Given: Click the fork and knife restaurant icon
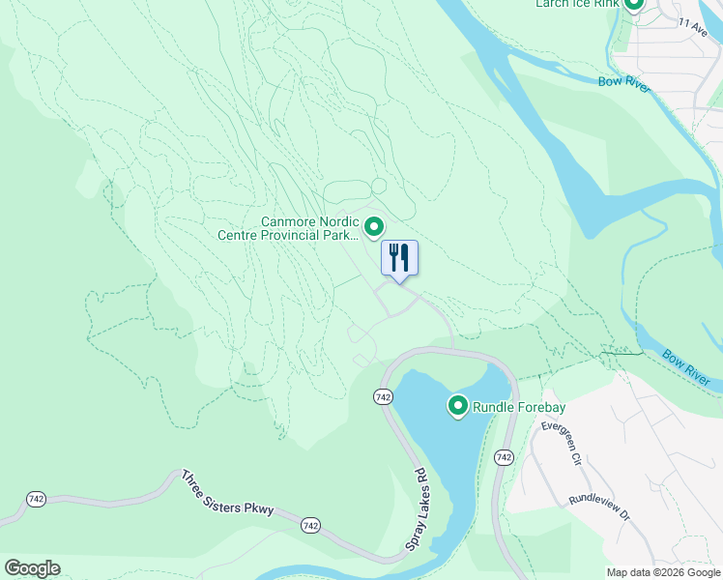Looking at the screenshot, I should click(x=399, y=258).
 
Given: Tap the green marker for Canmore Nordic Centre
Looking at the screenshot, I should click(x=376, y=226).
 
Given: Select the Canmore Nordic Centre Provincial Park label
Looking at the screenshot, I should click(x=309, y=228).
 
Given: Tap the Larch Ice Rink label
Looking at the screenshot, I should click(x=577, y=4).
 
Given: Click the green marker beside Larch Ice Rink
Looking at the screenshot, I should click(x=634, y=5).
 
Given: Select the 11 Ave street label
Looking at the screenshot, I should click(x=692, y=23).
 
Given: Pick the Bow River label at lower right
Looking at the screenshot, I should click(x=687, y=370).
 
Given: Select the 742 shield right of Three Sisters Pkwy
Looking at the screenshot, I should click(x=310, y=524).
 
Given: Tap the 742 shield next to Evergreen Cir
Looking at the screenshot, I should click(x=504, y=456).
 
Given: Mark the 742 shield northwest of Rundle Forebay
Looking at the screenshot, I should click(x=382, y=396).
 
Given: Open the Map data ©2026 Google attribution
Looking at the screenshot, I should click(x=663, y=571).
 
